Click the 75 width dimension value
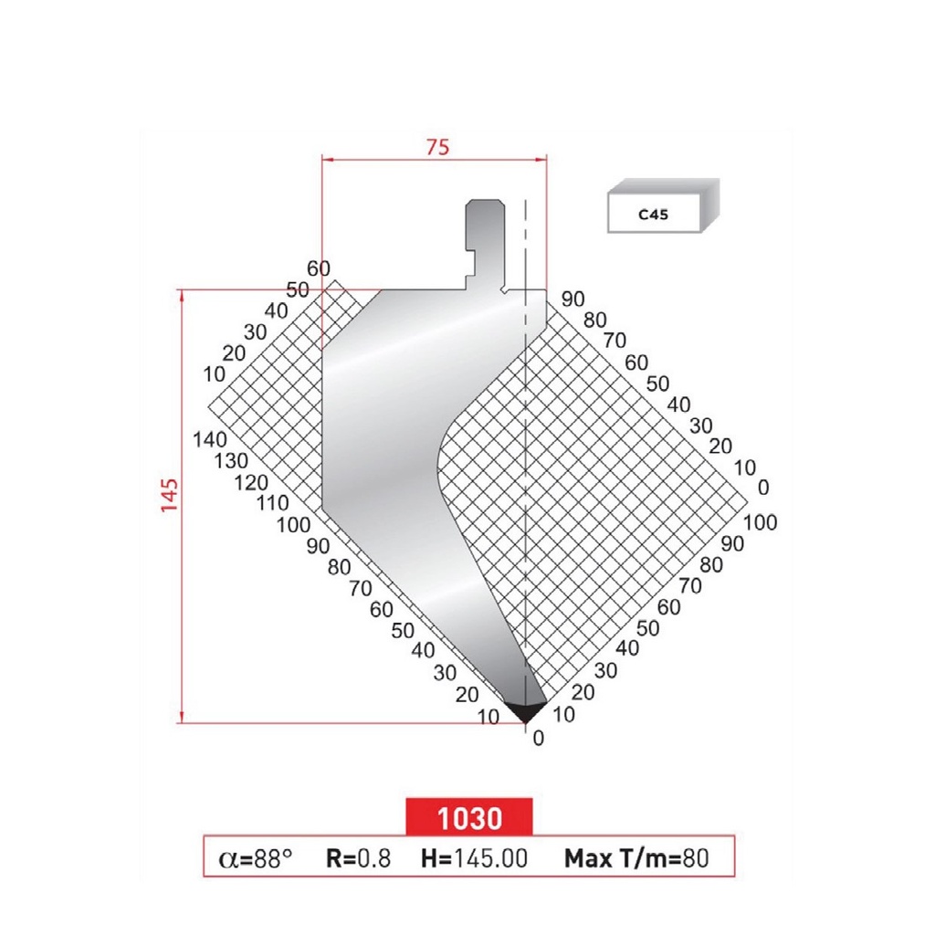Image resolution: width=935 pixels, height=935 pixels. point(438,146)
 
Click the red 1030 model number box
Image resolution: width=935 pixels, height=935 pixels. point(469,817)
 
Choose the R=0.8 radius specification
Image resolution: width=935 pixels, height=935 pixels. point(358,857)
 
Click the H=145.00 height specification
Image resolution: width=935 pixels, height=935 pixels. point(474,857)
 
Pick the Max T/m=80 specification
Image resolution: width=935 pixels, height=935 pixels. point(636,857)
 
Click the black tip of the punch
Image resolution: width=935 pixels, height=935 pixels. point(526,710)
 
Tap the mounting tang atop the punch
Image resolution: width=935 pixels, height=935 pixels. point(483,237)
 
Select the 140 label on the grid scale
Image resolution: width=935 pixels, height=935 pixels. point(211,439)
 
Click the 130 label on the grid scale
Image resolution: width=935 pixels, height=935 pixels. point(229,461)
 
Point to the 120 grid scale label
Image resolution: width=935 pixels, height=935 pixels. point(251,482)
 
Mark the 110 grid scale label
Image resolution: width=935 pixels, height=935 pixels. point(273,503)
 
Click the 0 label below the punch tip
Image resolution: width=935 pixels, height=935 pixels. point(538,739)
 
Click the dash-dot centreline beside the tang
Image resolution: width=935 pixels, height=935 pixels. point(526,247)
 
